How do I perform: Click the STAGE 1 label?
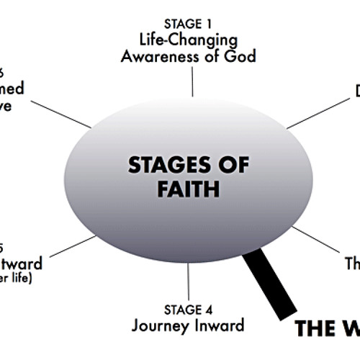click(x=191, y=24)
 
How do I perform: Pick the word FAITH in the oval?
click(x=189, y=190)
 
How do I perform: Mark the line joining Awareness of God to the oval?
click(x=192, y=82)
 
